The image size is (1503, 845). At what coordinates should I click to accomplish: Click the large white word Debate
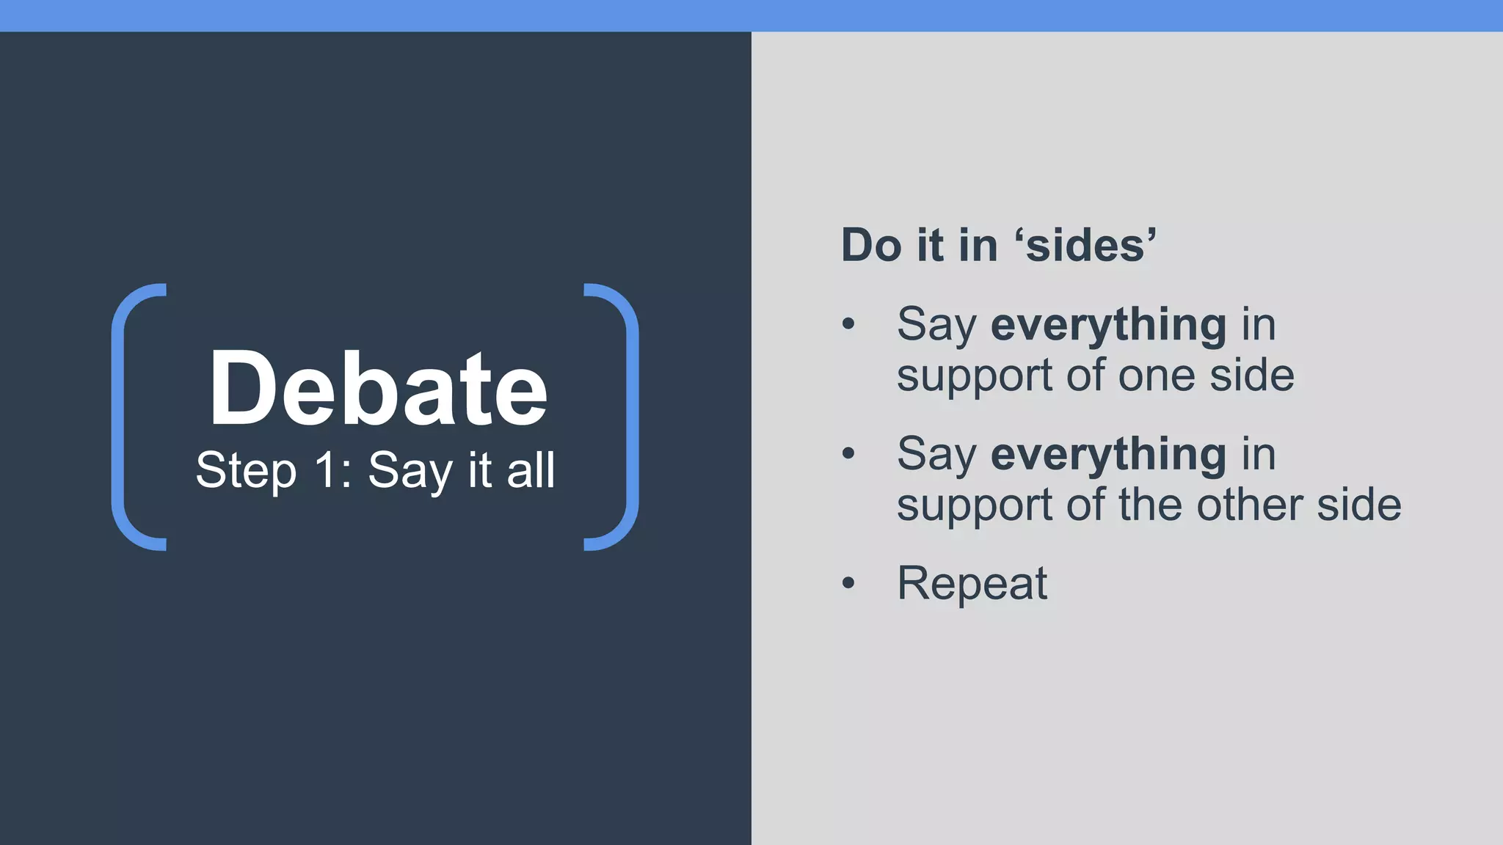(378, 388)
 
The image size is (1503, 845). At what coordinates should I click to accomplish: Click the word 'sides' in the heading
(1085, 245)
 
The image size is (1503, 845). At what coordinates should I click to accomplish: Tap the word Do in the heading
(870, 245)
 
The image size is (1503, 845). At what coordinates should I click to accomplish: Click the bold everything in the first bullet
(1108, 325)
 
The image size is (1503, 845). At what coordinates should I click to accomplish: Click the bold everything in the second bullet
(1108, 455)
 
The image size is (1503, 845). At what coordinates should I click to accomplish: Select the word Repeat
(972, 585)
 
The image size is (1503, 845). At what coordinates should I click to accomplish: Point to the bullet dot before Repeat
(849, 584)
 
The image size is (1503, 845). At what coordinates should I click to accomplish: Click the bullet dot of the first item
(849, 324)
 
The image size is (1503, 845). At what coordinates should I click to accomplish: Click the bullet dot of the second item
(849, 454)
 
